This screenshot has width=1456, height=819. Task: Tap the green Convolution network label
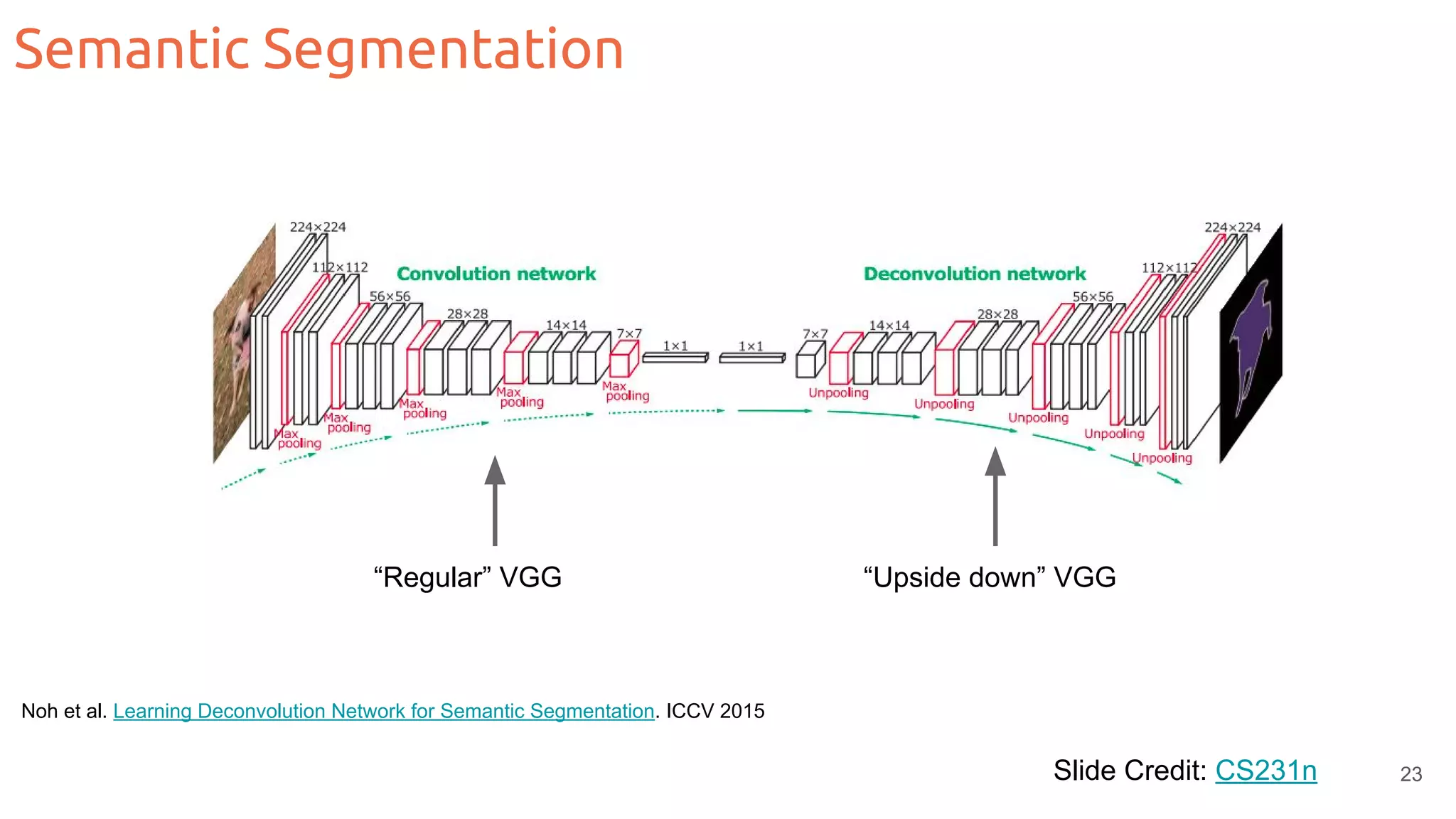496,274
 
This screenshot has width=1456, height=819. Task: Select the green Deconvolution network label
974,274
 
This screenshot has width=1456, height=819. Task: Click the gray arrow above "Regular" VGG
495,501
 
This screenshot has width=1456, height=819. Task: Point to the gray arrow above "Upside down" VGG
995,498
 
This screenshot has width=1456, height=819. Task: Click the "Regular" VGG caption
467,577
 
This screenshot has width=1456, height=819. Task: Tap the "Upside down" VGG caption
989,577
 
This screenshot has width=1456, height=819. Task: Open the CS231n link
1265,771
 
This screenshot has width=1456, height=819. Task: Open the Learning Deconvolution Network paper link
383,711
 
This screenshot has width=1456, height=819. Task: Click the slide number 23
1410,774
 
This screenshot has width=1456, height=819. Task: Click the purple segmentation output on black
1251,345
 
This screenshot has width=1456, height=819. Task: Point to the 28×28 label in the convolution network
467,314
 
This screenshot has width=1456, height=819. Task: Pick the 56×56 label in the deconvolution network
1093,296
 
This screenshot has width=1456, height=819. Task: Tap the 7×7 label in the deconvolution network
815,334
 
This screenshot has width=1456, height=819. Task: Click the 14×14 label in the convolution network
566,326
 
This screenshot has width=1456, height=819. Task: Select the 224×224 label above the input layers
317,227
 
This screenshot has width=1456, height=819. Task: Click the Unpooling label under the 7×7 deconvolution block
838,393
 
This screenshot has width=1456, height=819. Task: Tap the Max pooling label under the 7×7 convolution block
625,391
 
